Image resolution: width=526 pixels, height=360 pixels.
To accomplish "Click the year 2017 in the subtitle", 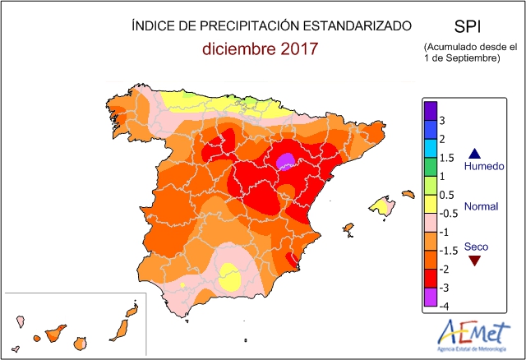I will (x=298, y=49).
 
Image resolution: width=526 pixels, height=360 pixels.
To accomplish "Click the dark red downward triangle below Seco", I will (x=473, y=261).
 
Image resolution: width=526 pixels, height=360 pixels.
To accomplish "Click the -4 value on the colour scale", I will (x=443, y=306).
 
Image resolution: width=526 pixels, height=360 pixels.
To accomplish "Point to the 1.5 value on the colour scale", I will (x=446, y=158).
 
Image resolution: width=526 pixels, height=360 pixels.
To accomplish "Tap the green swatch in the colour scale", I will (x=430, y=167).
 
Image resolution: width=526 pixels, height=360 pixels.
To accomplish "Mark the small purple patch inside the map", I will (x=285, y=161).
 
